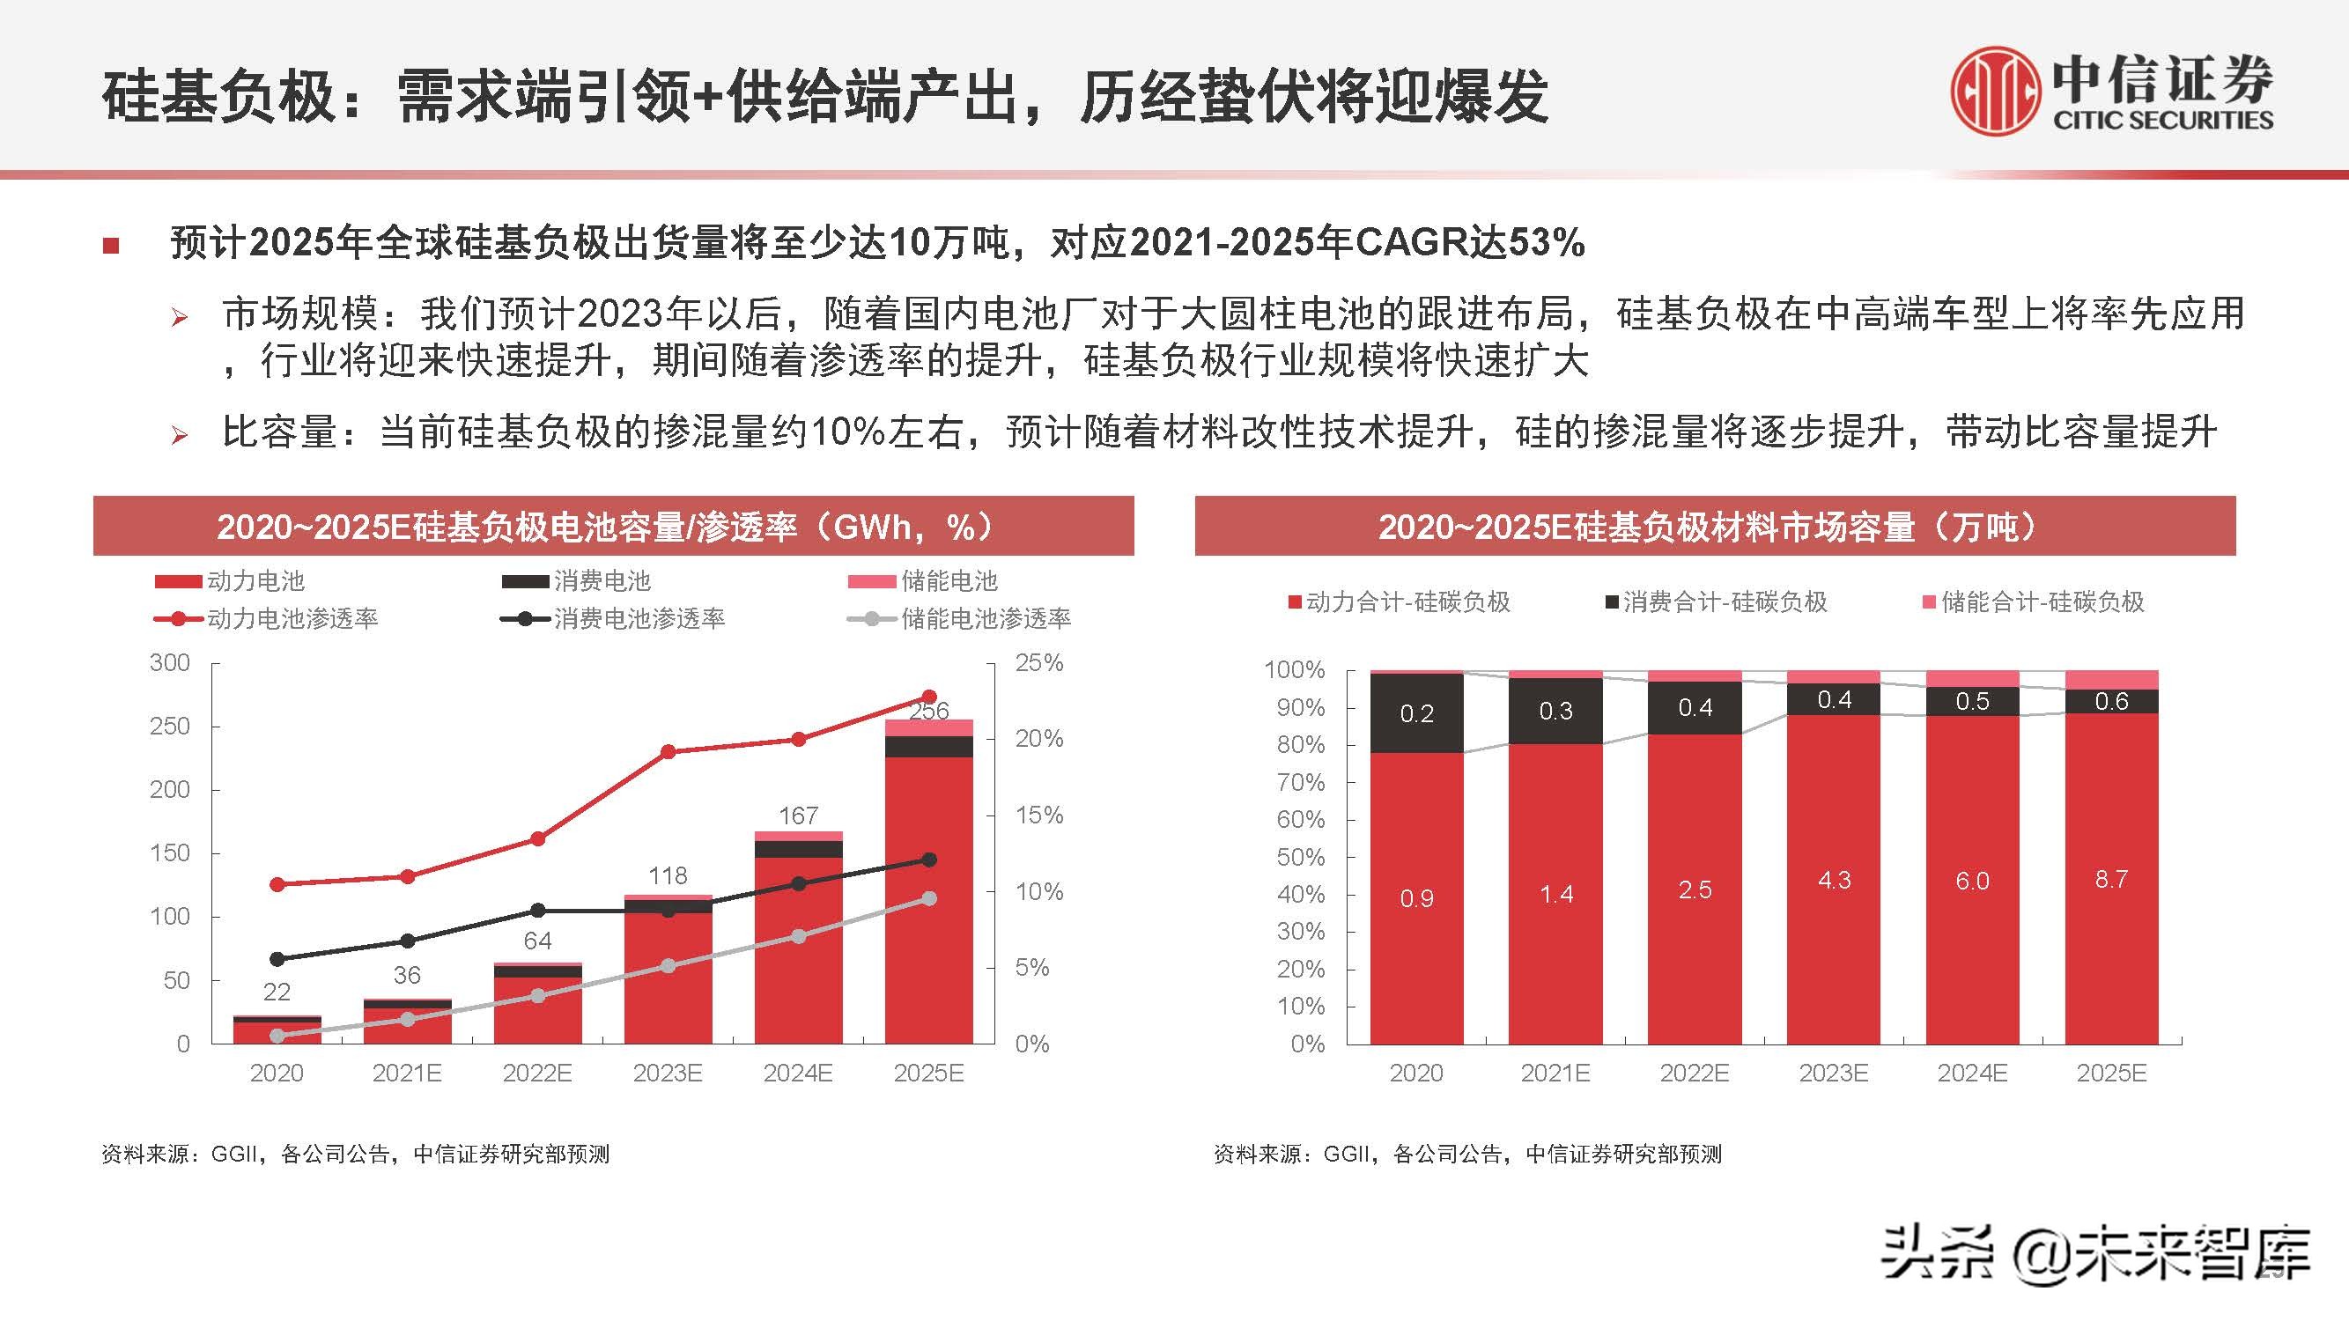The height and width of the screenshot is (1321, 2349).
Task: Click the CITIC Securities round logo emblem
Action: click(1994, 92)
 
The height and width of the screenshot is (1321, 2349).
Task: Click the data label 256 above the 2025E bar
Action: click(928, 710)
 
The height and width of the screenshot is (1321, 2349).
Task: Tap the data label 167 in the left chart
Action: click(798, 815)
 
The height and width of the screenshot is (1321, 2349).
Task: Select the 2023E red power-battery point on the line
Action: click(668, 752)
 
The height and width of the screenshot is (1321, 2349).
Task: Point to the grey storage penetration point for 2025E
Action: click(929, 899)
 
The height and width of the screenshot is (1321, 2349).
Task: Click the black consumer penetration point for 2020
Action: click(277, 959)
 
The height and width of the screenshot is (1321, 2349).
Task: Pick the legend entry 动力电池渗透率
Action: click(292, 619)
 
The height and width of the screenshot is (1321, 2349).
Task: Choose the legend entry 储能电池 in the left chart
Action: click(949, 580)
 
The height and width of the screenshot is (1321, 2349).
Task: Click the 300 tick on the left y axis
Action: click(171, 663)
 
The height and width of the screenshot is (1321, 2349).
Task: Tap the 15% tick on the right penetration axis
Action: click(1038, 815)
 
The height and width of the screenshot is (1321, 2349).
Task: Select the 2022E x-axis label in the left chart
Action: click(537, 1073)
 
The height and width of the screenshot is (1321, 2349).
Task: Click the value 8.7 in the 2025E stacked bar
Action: click(2111, 879)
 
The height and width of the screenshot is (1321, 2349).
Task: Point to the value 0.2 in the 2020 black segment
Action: click(1416, 714)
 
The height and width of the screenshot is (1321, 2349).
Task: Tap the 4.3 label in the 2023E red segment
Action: click(1834, 881)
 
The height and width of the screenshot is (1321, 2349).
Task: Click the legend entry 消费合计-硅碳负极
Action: click(1725, 601)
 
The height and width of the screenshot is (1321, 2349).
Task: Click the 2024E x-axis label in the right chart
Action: click(1972, 1073)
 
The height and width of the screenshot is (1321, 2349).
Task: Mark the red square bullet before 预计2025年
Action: click(111, 245)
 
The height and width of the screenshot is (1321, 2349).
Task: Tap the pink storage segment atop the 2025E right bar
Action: click(2111, 680)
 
